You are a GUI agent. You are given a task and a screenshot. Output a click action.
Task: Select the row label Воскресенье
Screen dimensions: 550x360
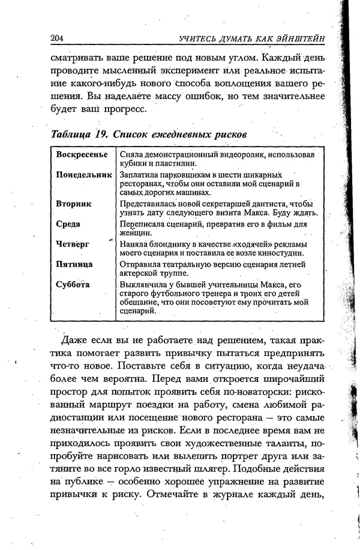click(82, 155)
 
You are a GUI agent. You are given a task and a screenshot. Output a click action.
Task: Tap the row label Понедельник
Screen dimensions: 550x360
click(84, 175)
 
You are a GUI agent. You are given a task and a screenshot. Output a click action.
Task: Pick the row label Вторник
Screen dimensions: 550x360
click(74, 204)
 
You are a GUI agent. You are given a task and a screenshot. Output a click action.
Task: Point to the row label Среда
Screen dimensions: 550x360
click(68, 224)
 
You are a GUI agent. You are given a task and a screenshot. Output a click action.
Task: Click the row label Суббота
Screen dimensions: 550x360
click(73, 284)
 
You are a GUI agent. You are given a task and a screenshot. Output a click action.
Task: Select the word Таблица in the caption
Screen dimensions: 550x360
click(68, 133)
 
